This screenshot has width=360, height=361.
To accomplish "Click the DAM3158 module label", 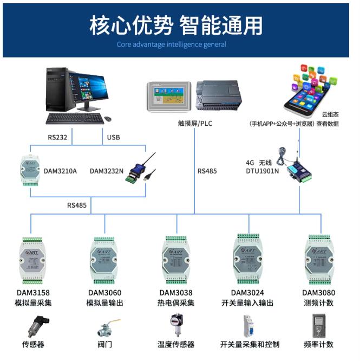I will [33, 293].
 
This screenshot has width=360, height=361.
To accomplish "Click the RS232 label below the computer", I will [57, 137].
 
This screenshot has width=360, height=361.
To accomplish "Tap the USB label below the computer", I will [113, 137].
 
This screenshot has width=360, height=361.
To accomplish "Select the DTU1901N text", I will [262, 171].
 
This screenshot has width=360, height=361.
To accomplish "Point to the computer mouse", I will [108, 118].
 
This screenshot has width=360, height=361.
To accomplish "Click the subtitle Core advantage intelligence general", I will [172, 44].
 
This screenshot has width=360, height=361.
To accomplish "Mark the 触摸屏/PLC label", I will [195, 124].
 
